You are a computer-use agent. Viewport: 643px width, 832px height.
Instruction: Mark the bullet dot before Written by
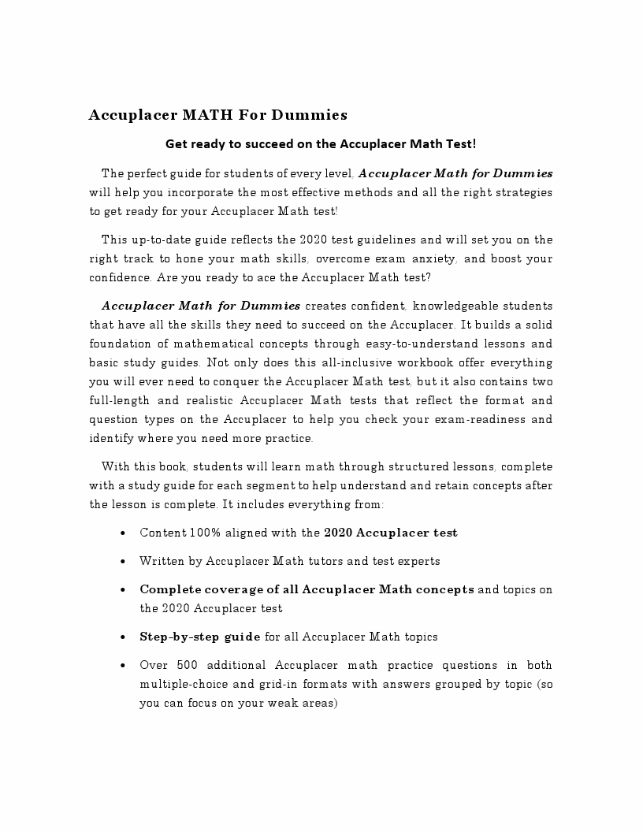124,562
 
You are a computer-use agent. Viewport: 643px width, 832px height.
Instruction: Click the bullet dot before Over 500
124,666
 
